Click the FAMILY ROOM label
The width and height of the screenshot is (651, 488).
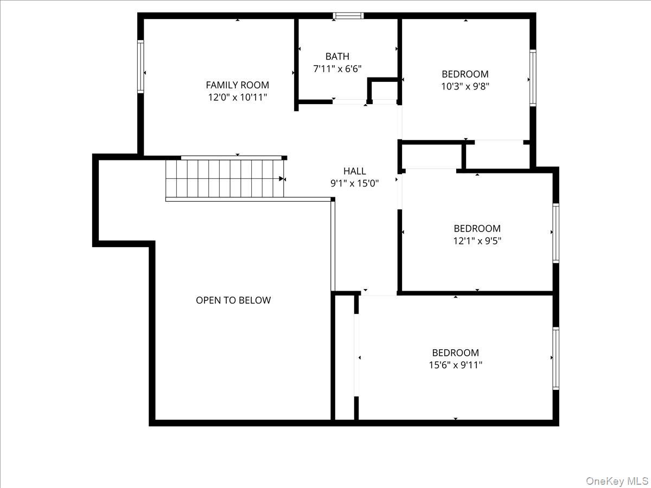coord(237,85)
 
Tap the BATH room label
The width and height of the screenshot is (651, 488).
coord(337,56)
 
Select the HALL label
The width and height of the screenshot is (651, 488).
coord(354,171)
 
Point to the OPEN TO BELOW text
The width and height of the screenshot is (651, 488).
coord(233,300)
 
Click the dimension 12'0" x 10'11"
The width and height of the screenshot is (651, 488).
coord(237,97)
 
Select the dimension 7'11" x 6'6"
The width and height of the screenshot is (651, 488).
coord(337,69)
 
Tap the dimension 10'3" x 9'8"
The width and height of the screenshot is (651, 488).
coord(465,86)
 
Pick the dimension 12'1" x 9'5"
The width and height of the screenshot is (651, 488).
coord(477,241)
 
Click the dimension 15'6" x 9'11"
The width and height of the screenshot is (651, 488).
coord(455,365)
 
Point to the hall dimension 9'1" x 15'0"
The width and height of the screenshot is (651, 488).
coord(354,184)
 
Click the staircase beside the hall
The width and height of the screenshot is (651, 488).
coord(225,179)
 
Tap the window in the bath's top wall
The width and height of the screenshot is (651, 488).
coord(348,15)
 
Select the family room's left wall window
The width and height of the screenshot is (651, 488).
coord(141,67)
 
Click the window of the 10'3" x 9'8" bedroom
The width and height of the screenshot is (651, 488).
coord(533,78)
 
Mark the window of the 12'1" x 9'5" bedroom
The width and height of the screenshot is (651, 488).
coord(556,233)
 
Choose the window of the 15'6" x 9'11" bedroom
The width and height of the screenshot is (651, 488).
coord(556,358)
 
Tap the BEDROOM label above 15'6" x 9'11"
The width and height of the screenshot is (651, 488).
coord(455,353)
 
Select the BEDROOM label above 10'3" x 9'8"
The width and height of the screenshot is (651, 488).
coord(465,74)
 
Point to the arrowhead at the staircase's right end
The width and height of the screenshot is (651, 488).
coord(282,179)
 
